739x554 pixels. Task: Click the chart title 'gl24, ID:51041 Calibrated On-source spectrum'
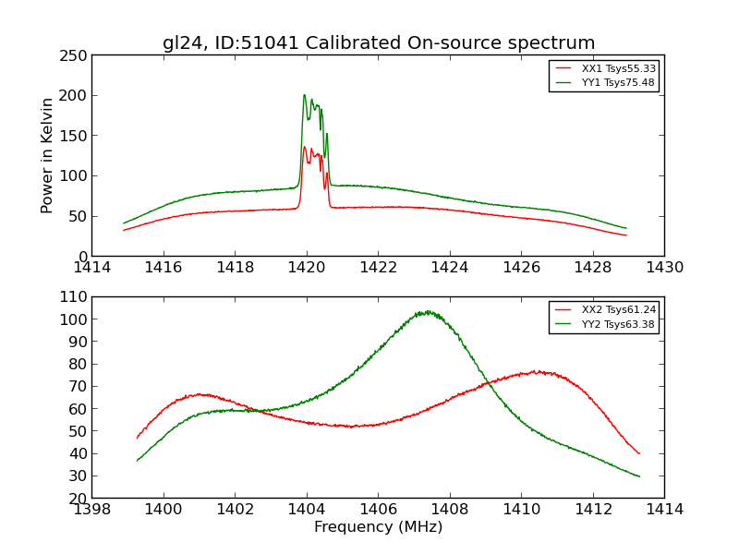[x=379, y=43]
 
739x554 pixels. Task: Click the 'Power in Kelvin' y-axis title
[x=47, y=155]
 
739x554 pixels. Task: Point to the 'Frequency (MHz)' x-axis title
[x=378, y=527]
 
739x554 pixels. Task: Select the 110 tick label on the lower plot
[x=74, y=297]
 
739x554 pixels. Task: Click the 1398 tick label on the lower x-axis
[x=92, y=509]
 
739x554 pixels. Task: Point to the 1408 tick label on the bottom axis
[x=450, y=509]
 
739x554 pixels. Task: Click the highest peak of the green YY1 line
[x=304, y=95]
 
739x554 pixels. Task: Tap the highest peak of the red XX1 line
[x=304, y=147]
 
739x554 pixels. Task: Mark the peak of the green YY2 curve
[x=426, y=312]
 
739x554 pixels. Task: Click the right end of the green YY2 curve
[x=639, y=476]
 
